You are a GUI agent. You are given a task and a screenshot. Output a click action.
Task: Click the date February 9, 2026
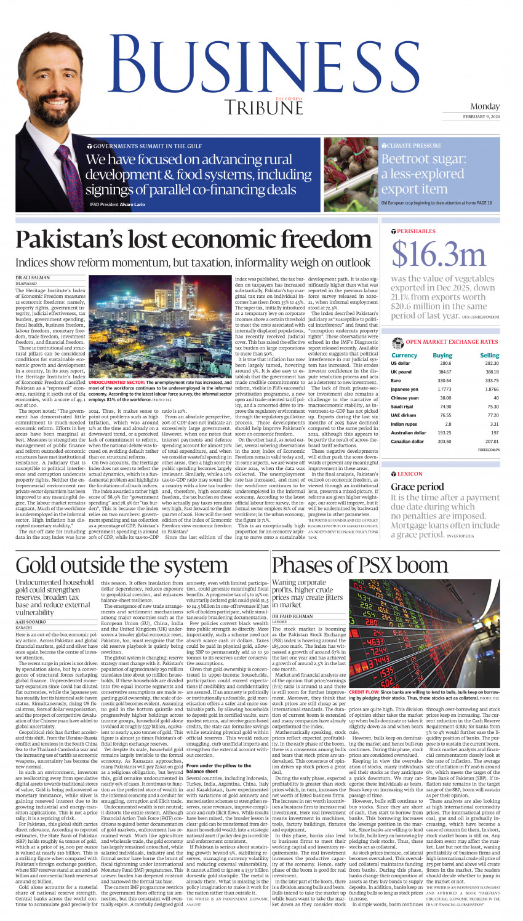click(x=482, y=116)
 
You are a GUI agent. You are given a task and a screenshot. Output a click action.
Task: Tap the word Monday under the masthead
click(x=485, y=106)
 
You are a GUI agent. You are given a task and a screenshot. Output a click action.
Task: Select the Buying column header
click(x=442, y=355)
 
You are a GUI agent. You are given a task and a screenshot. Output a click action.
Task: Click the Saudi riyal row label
click(x=403, y=406)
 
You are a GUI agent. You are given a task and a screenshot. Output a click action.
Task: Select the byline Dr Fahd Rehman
click(x=292, y=616)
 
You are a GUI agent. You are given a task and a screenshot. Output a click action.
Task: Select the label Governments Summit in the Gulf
click(x=148, y=146)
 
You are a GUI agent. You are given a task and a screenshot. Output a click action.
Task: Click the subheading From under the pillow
click(x=218, y=765)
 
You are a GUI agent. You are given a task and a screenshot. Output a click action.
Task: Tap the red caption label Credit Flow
click(x=364, y=692)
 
